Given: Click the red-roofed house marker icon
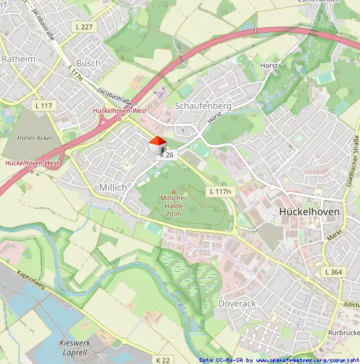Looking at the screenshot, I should [157, 145].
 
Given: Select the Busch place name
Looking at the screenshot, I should [88, 63].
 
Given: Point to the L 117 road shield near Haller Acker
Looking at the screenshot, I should [43, 106].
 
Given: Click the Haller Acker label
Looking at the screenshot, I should [35, 138].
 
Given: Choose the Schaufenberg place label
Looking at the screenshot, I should [202, 106].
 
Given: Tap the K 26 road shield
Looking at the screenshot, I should [167, 155].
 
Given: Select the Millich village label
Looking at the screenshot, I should [112, 188].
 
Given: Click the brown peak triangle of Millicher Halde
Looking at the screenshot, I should [174, 191].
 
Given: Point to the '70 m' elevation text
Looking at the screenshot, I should [174, 214].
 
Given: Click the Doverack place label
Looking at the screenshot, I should [237, 303].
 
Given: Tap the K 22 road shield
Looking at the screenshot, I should [163, 360].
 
